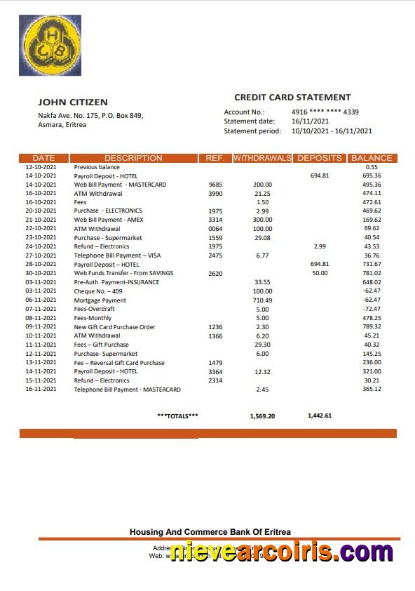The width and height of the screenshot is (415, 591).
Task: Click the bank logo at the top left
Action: (x=50, y=46)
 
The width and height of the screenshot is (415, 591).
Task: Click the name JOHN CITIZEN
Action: (x=73, y=102)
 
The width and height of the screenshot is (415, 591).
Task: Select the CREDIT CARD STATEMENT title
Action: (x=292, y=98)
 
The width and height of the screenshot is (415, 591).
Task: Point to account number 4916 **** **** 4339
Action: (x=325, y=112)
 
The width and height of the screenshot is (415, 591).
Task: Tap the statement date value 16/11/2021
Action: (x=311, y=121)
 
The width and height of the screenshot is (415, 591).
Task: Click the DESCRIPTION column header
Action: (x=133, y=158)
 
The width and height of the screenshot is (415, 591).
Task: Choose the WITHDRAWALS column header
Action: (x=262, y=158)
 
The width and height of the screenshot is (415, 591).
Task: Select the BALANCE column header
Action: (x=372, y=158)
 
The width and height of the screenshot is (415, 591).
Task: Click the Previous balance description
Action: (x=97, y=167)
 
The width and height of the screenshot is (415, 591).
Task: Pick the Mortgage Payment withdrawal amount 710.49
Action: (x=262, y=300)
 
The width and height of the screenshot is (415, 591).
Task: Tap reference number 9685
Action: (x=215, y=185)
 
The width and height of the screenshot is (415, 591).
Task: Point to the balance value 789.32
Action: (x=372, y=327)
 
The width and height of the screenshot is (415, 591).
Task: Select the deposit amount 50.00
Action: (x=320, y=274)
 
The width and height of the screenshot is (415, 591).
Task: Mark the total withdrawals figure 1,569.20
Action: (x=262, y=416)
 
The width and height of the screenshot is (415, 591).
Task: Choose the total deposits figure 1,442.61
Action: (x=320, y=416)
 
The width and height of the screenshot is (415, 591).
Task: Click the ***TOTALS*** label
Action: (x=177, y=416)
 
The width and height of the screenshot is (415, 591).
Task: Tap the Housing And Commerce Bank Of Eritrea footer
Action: (x=210, y=532)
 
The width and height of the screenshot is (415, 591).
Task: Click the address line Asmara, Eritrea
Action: (x=62, y=125)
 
